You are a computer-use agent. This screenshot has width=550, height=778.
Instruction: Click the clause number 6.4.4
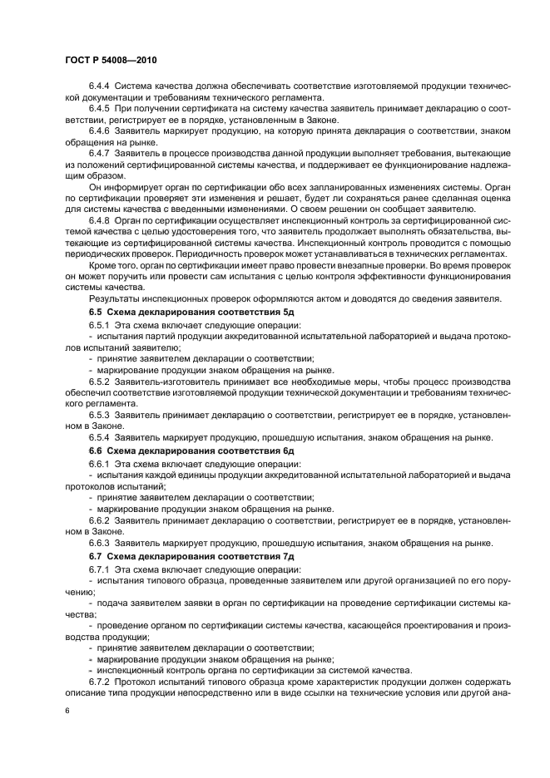(x=99, y=86)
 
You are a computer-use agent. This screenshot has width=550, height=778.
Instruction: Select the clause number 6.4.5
(x=99, y=109)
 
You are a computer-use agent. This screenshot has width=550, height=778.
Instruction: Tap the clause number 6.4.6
(x=99, y=132)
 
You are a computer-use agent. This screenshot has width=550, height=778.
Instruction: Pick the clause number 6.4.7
(x=99, y=155)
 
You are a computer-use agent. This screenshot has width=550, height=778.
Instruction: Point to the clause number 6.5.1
(x=99, y=323)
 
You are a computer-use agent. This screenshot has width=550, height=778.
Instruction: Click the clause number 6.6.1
(x=99, y=463)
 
